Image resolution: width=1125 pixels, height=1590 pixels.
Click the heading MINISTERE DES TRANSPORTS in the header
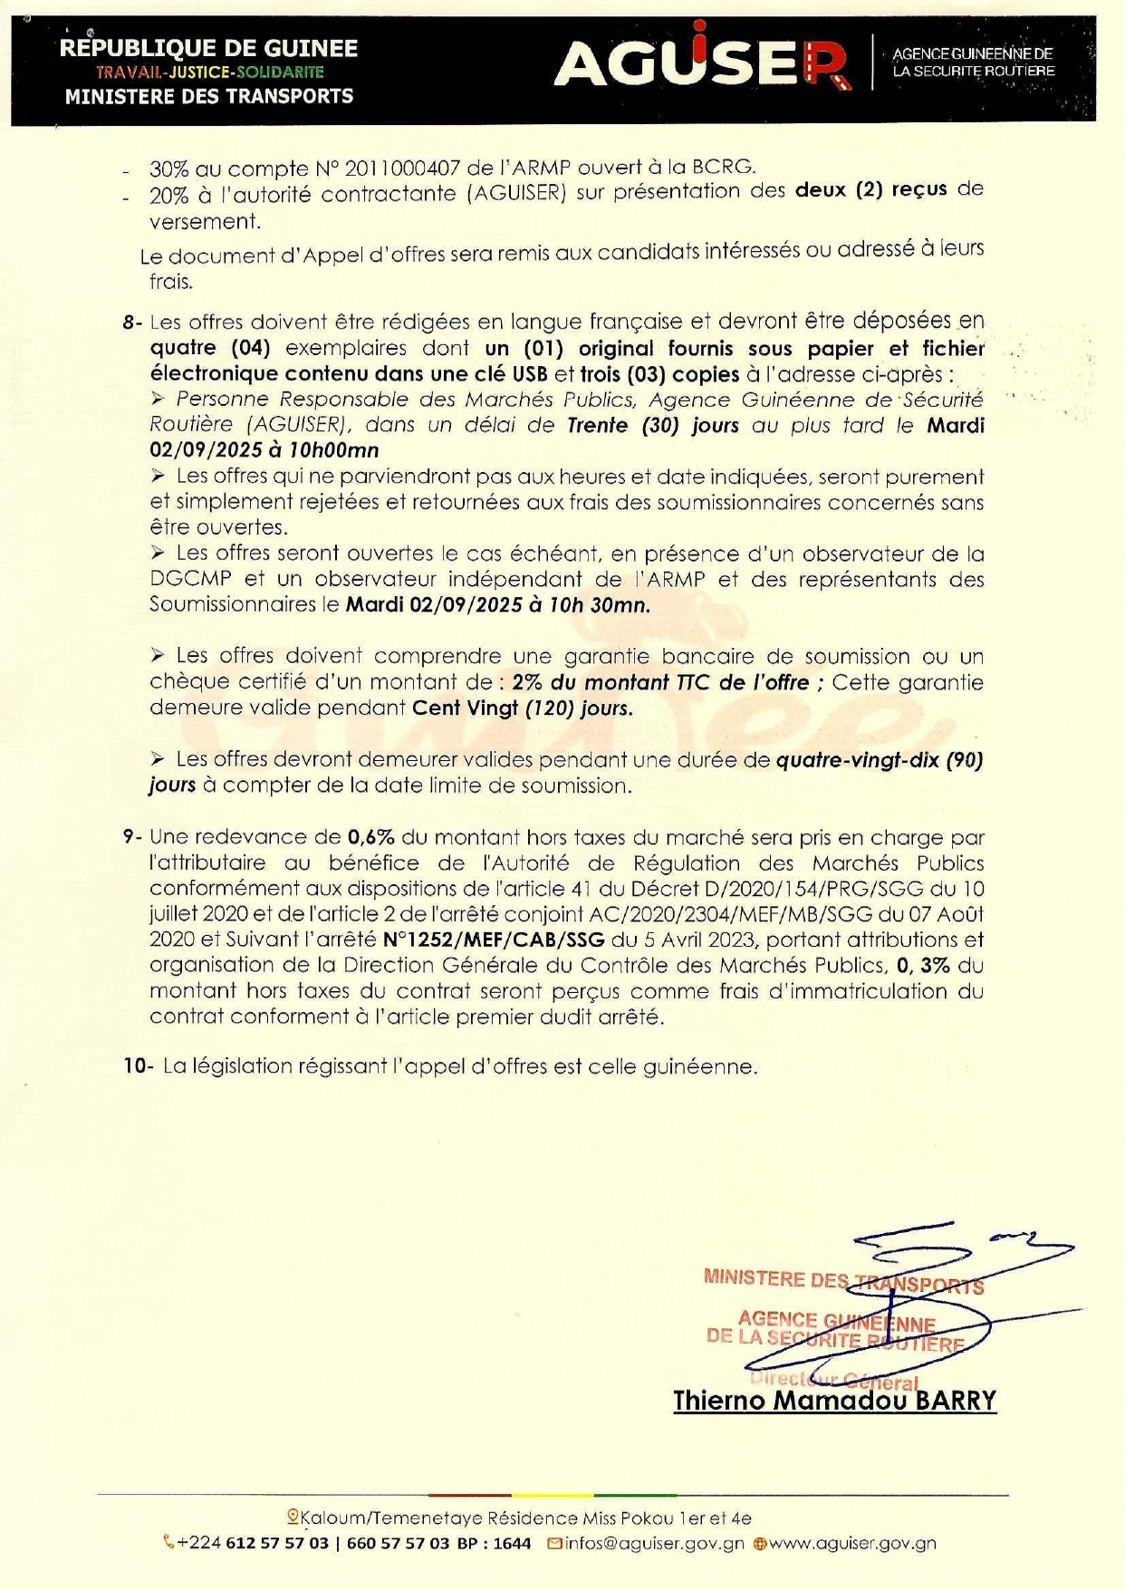pyautogui.click(x=208, y=96)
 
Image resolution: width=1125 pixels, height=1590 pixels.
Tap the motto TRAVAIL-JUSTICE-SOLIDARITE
pyautogui.click(x=209, y=72)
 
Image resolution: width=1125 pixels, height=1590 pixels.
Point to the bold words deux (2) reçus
pyautogui.click(x=870, y=189)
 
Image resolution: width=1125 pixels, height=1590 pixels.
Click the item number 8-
pyautogui.click(x=133, y=323)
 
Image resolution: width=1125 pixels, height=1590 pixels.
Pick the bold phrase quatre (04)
pyautogui.click(x=210, y=348)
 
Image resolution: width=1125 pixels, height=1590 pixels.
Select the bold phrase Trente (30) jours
pyautogui.click(x=652, y=425)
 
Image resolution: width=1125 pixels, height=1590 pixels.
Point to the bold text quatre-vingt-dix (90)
pyautogui.click(x=880, y=760)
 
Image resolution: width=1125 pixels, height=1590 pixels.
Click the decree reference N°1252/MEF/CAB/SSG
pyautogui.click(x=494, y=940)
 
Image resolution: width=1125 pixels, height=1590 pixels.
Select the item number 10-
pyautogui.click(x=139, y=1066)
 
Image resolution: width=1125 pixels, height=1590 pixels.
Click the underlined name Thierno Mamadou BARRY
pyautogui.click(x=834, y=1401)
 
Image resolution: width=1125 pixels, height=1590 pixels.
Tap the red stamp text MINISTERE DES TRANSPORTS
pyautogui.click(x=842, y=1282)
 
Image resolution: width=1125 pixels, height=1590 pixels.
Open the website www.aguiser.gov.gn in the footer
pyautogui.click(x=852, y=1543)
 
